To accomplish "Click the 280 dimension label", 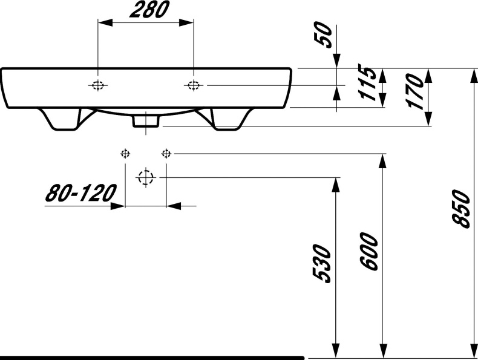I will [x=145, y=10].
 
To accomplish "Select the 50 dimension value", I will [x=325, y=36].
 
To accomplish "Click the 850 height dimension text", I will [x=461, y=209].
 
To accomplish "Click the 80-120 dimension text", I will [x=80, y=194].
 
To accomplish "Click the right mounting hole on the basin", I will [x=193, y=85].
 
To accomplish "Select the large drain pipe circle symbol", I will [x=145, y=177].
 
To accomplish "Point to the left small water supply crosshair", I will [x=125, y=153].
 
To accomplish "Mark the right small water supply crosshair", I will [x=166, y=153].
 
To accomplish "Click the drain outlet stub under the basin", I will [x=145, y=121].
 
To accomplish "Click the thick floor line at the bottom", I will [x=151, y=358].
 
